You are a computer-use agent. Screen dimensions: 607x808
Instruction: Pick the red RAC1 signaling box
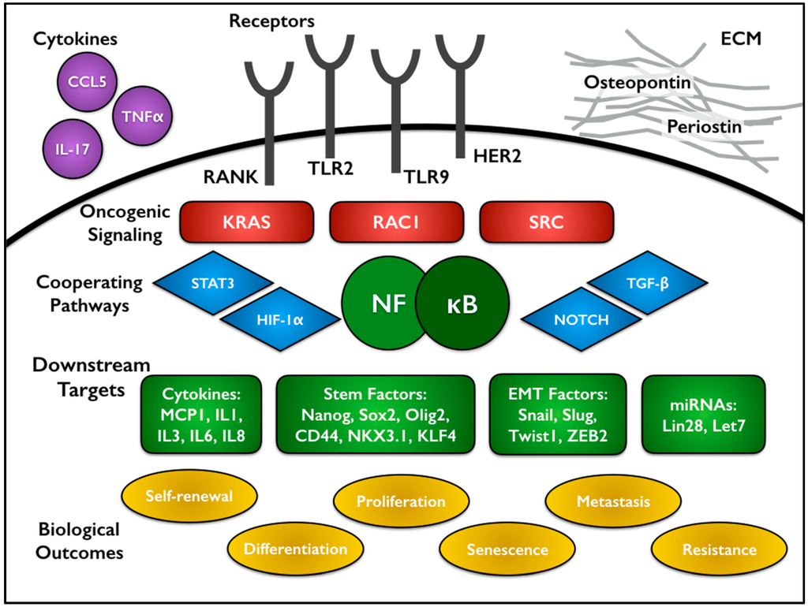(x=395, y=222)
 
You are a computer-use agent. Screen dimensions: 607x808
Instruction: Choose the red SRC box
(x=546, y=222)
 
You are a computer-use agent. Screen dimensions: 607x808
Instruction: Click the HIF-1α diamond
(x=280, y=318)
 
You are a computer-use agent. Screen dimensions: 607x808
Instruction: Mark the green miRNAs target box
(x=704, y=415)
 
